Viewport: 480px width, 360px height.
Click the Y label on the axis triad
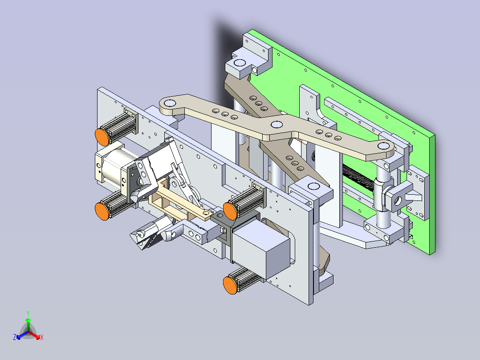point(28,313)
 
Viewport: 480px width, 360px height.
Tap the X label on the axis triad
point(41,338)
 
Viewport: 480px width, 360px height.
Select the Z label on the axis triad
point(15,338)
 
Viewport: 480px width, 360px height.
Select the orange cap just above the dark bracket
point(230,209)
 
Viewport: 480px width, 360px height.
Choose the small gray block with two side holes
point(196,233)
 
